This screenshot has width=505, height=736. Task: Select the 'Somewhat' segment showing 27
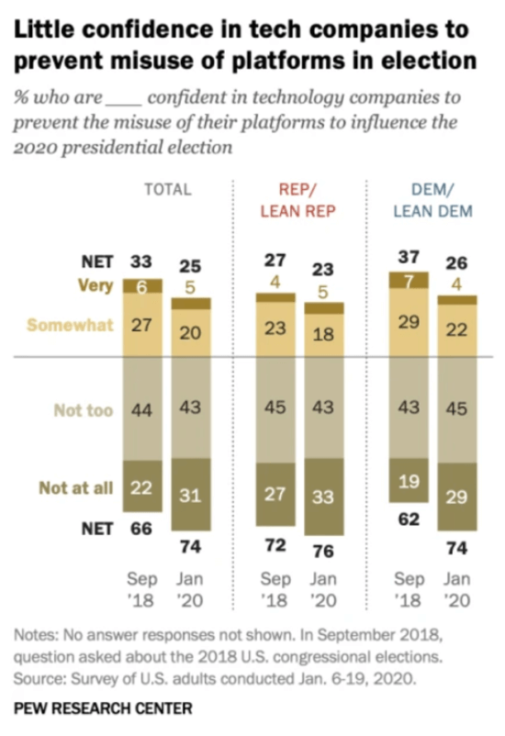pyautogui.click(x=140, y=325)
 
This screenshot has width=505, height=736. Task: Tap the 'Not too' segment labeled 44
pyautogui.click(x=140, y=410)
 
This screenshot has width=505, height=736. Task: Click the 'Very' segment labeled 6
pyautogui.click(x=140, y=285)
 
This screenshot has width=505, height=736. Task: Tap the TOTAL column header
pyautogui.click(x=167, y=190)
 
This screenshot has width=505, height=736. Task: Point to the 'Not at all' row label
pyautogui.click(x=75, y=488)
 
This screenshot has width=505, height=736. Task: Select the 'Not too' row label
pyautogui.click(x=84, y=410)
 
